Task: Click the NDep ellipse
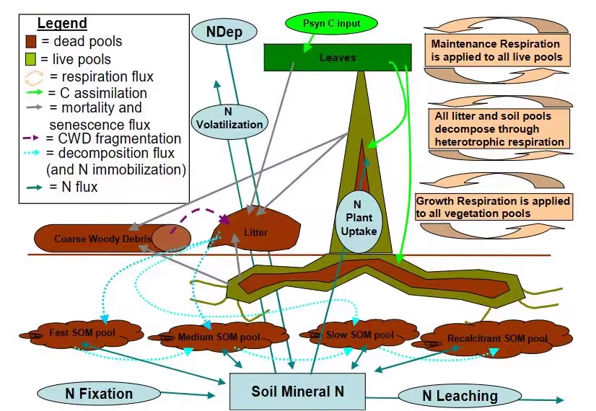(224, 32)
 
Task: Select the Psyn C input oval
(333, 24)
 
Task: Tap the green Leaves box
(338, 57)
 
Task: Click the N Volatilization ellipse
(229, 118)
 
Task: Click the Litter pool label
(255, 232)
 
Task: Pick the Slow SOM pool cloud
(359, 335)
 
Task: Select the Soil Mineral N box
(297, 392)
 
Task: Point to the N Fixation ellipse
(99, 393)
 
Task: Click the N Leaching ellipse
(460, 395)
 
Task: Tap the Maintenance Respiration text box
(496, 50)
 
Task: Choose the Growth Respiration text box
(493, 206)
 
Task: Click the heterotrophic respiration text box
(500, 129)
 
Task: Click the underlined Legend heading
(62, 24)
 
